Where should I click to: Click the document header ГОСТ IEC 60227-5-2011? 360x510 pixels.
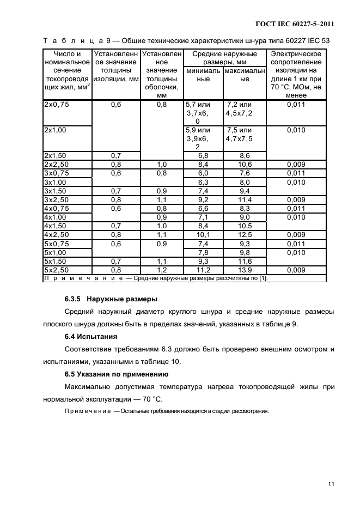pos(294,24)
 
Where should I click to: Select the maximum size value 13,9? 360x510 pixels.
pos(245,270)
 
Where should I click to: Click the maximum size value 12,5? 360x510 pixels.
pos(245,235)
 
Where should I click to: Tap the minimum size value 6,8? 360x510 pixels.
pos(203,155)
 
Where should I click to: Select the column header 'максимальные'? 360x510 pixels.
pos(244,75)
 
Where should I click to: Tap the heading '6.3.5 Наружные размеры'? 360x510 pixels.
pos(108,299)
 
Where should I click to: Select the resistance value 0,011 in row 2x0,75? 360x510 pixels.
pos(296,105)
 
